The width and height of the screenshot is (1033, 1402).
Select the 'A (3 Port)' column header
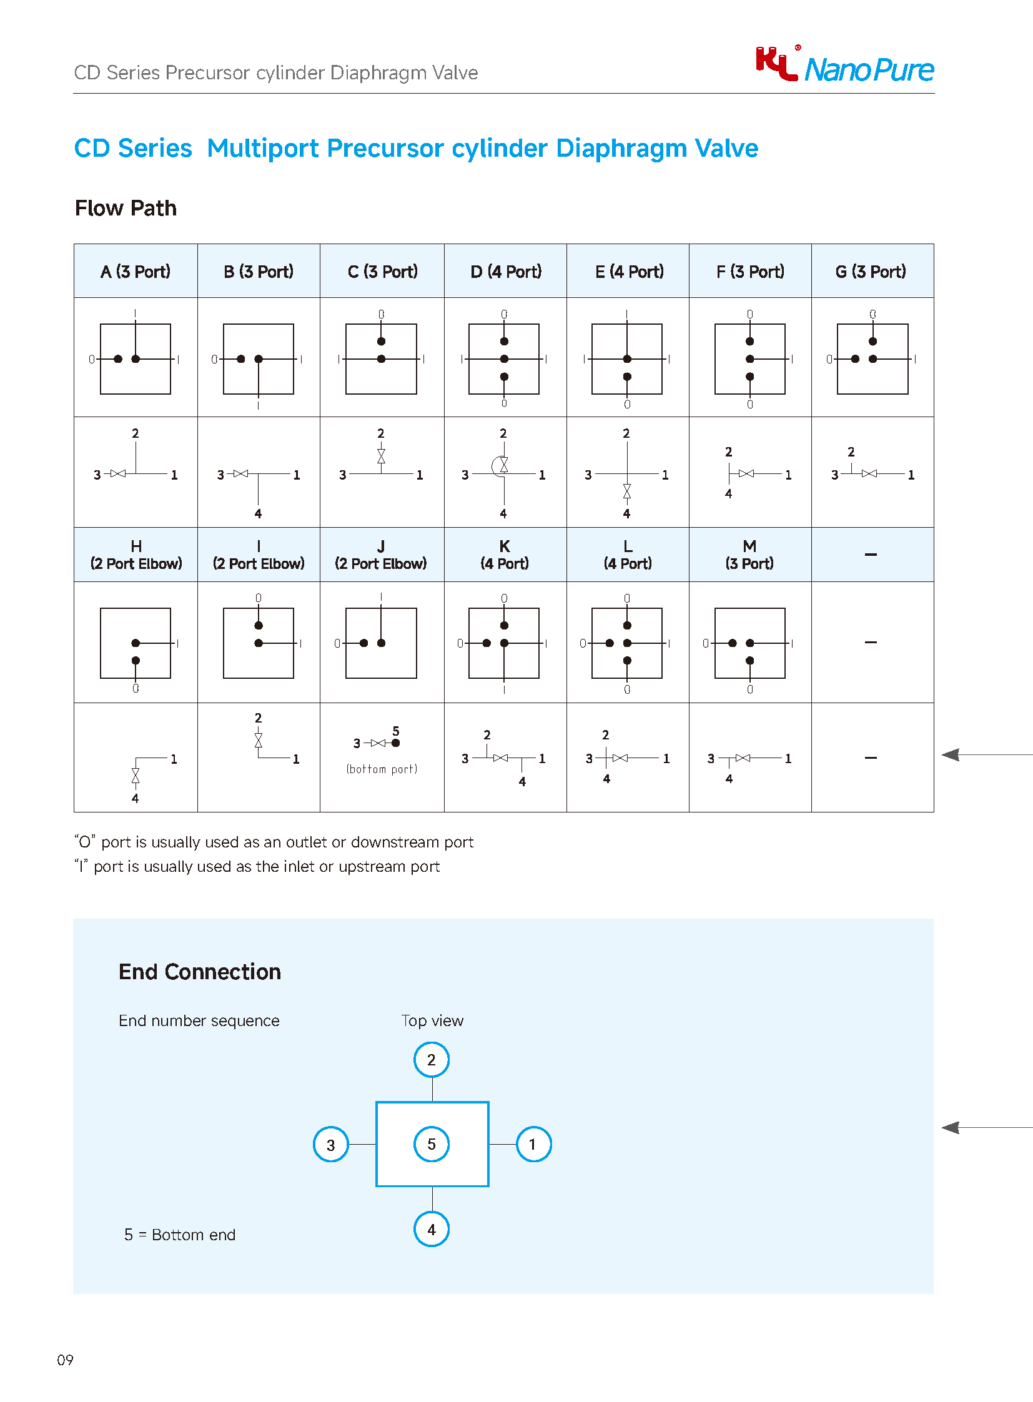click(136, 272)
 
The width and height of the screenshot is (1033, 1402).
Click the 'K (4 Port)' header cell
click(505, 555)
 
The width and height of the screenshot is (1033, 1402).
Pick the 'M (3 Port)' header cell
click(749, 555)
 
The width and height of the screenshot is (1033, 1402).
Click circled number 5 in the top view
click(432, 1143)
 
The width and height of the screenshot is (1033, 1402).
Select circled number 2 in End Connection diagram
click(432, 1059)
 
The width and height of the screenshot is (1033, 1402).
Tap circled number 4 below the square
click(432, 1229)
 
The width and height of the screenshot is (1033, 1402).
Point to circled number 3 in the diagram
click(331, 1144)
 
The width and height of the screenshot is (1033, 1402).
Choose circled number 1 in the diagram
click(533, 1144)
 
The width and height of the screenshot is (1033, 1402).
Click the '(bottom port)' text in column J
click(382, 769)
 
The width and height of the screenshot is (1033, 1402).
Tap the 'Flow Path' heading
click(126, 208)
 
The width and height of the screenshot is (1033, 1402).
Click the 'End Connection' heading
click(199, 972)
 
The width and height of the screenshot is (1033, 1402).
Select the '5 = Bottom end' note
click(180, 1235)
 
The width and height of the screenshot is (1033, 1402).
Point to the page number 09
click(65, 1360)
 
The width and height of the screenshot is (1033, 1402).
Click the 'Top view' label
click(432, 1020)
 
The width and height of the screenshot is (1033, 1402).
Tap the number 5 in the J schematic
click(396, 731)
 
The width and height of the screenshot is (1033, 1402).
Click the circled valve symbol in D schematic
click(502, 465)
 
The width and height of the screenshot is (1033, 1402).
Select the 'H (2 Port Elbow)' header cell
click(136, 555)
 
